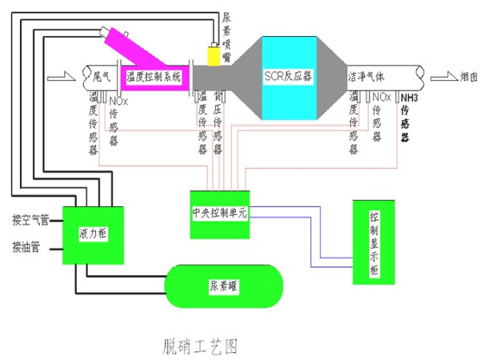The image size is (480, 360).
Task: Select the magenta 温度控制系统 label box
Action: pos(154,78)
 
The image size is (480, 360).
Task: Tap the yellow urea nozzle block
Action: pos(214,56)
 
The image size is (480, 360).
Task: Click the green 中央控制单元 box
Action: pos(220,214)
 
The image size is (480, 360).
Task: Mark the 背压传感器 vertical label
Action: pos(218,120)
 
